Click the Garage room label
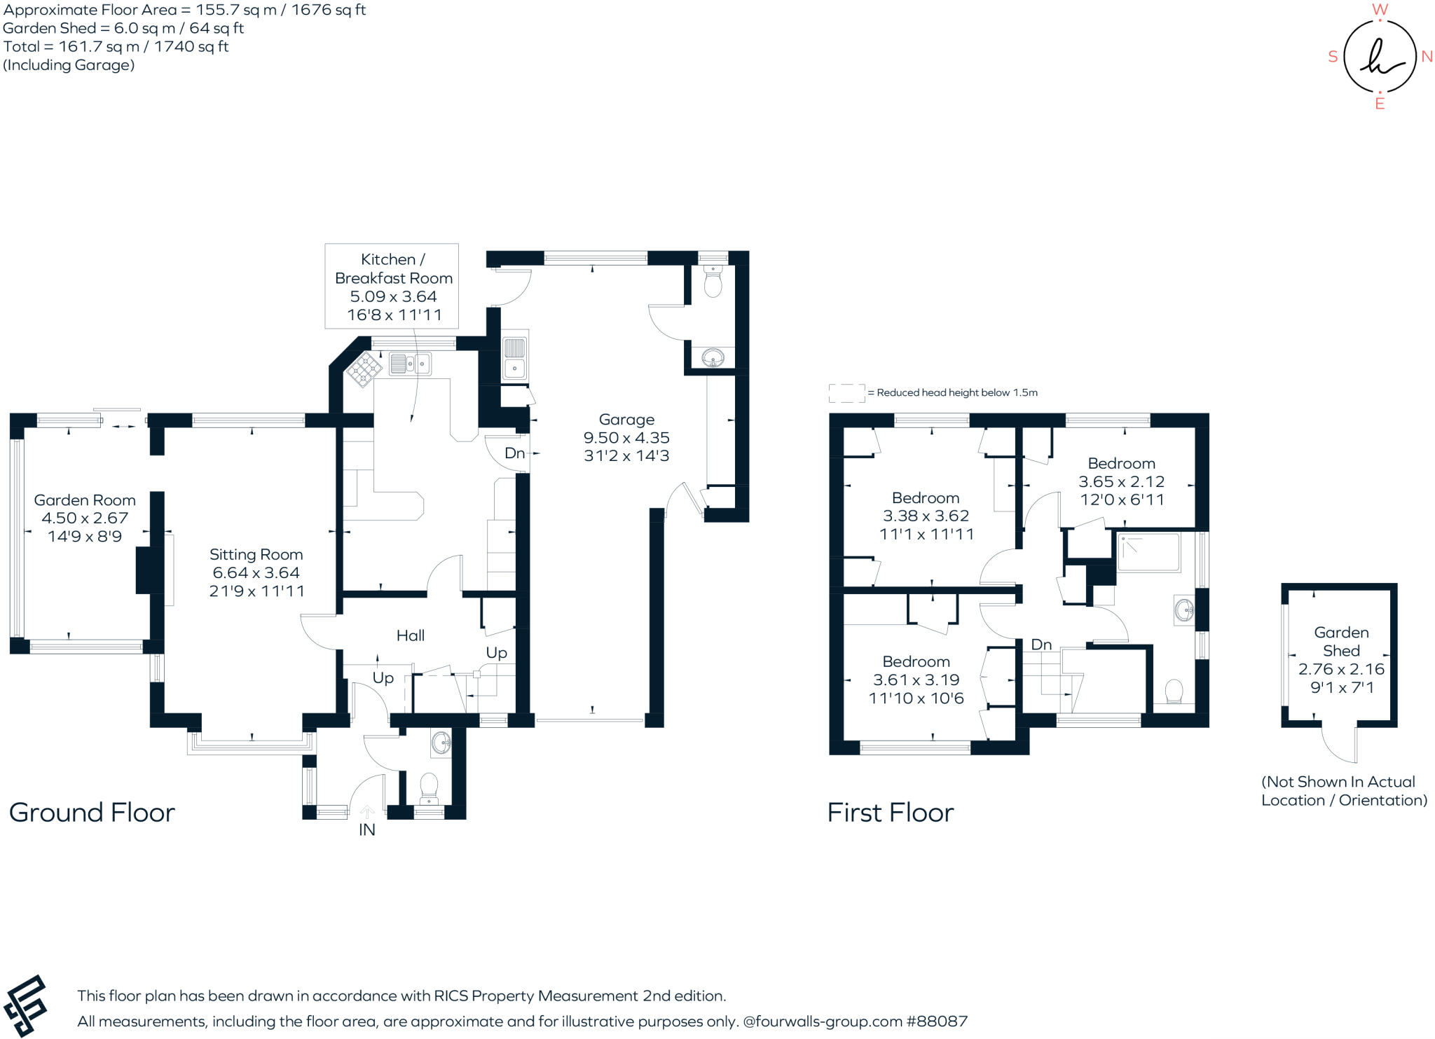tap(626, 420)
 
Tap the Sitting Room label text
tap(256, 555)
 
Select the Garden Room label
tap(85, 500)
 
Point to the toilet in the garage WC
tap(713, 284)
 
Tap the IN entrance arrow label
tap(366, 830)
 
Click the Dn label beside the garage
tap(514, 453)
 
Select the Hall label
tap(411, 635)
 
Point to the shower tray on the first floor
tap(1148, 553)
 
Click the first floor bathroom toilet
tap(1174, 691)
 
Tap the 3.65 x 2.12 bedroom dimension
tap(1121, 482)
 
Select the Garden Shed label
tap(1340, 641)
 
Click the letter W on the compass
tap(1380, 9)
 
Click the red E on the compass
tap(1380, 104)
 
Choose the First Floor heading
tap(890, 813)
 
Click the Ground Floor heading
tap(92, 813)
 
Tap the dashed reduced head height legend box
tap(846, 393)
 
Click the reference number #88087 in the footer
tap(937, 1021)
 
